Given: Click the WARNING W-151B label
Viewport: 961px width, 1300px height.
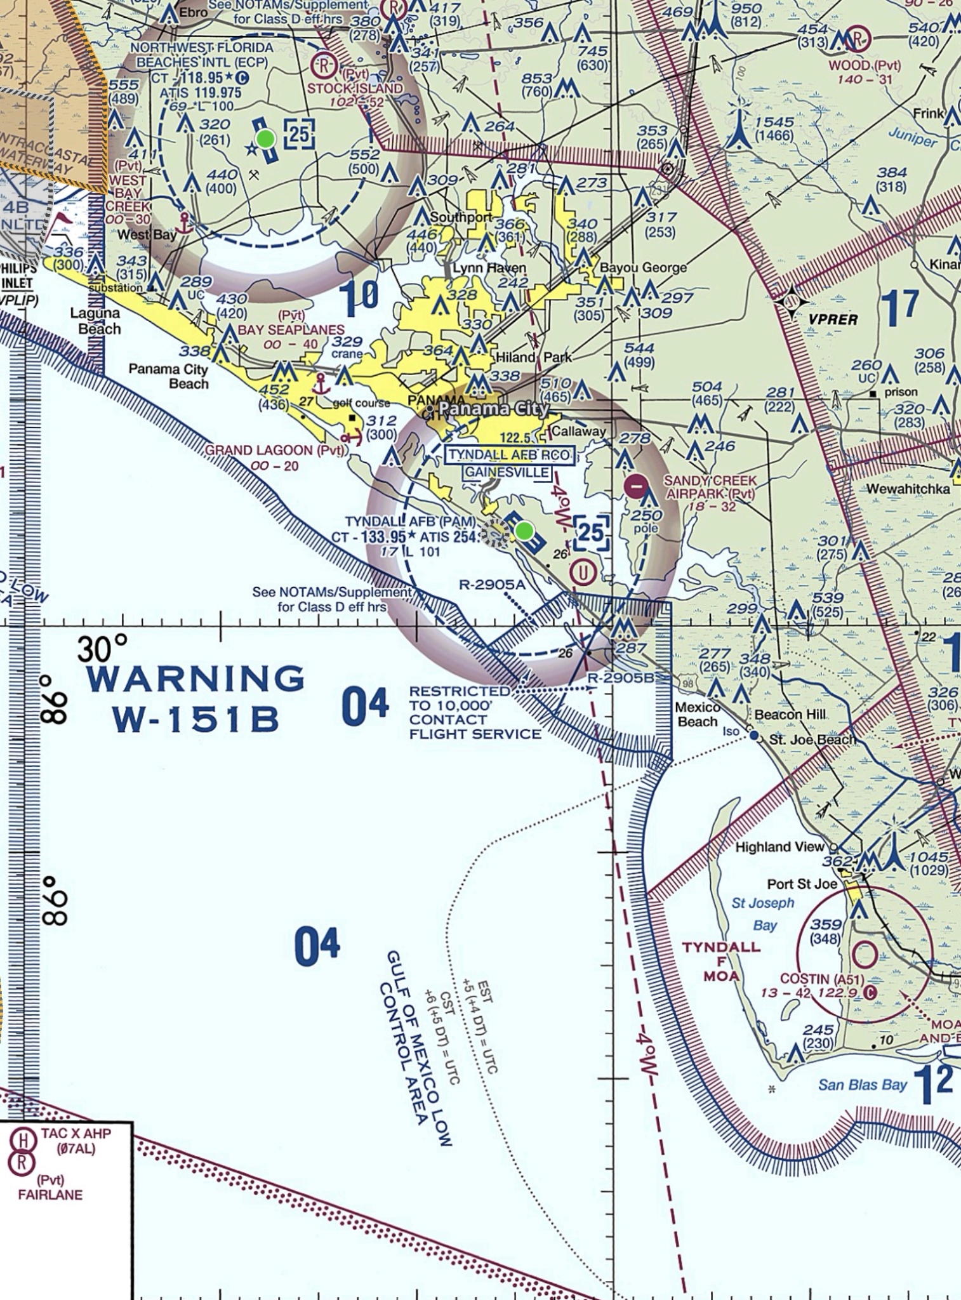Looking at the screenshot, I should click(196, 698).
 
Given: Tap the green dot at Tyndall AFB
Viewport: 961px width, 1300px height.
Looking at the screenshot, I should click(524, 531).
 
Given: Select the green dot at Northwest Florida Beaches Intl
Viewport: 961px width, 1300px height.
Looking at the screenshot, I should click(265, 138).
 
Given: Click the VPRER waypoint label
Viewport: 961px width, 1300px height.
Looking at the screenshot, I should click(833, 320).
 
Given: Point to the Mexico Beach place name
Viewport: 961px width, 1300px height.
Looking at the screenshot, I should click(697, 715).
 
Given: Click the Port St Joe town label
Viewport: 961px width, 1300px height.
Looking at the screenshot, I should click(802, 884).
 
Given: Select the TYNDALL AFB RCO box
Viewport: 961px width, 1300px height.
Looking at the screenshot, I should click(510, 455).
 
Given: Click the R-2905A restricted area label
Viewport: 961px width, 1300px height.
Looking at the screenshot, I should click(493, 585).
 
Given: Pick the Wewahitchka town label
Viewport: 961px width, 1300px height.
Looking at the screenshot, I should click(908, 488).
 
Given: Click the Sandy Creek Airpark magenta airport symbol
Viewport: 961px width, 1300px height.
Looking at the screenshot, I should click(636, 487).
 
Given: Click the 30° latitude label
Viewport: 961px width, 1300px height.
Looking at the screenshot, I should click(102, 649).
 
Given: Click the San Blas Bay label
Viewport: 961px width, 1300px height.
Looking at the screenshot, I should click(862, 1085).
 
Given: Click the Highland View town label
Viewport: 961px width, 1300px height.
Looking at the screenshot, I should click(779, 847).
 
